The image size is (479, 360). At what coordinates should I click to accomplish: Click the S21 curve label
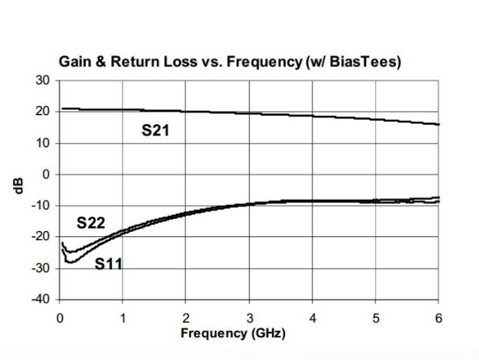point(156,131)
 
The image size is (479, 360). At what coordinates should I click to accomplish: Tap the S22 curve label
point(90,223)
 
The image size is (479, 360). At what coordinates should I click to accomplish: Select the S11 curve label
point(109,264)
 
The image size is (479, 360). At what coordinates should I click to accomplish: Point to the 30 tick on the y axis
point(44,80)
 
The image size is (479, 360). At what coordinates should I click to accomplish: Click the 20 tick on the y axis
point(44,111)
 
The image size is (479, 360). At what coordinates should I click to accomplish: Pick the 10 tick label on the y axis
point(44,143)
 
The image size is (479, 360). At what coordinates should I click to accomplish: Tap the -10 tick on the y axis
point(41,206)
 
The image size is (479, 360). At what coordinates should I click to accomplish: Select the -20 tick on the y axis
point(41,237)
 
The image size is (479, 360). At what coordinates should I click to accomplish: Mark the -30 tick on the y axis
point(41,268)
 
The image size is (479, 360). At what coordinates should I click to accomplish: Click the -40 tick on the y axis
point(41,299)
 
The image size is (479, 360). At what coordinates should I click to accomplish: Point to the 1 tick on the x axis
point(122,319)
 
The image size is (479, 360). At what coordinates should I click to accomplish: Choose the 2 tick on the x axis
point(185,319)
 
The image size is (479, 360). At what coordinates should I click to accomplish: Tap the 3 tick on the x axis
point(249,319)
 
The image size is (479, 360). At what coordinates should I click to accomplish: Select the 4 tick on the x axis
point(312,319)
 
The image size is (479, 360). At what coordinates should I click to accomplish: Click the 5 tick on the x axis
point(375,319)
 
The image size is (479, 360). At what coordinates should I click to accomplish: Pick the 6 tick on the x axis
point(438,319)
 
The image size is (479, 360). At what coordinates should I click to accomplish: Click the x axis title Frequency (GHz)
point(233,333)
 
